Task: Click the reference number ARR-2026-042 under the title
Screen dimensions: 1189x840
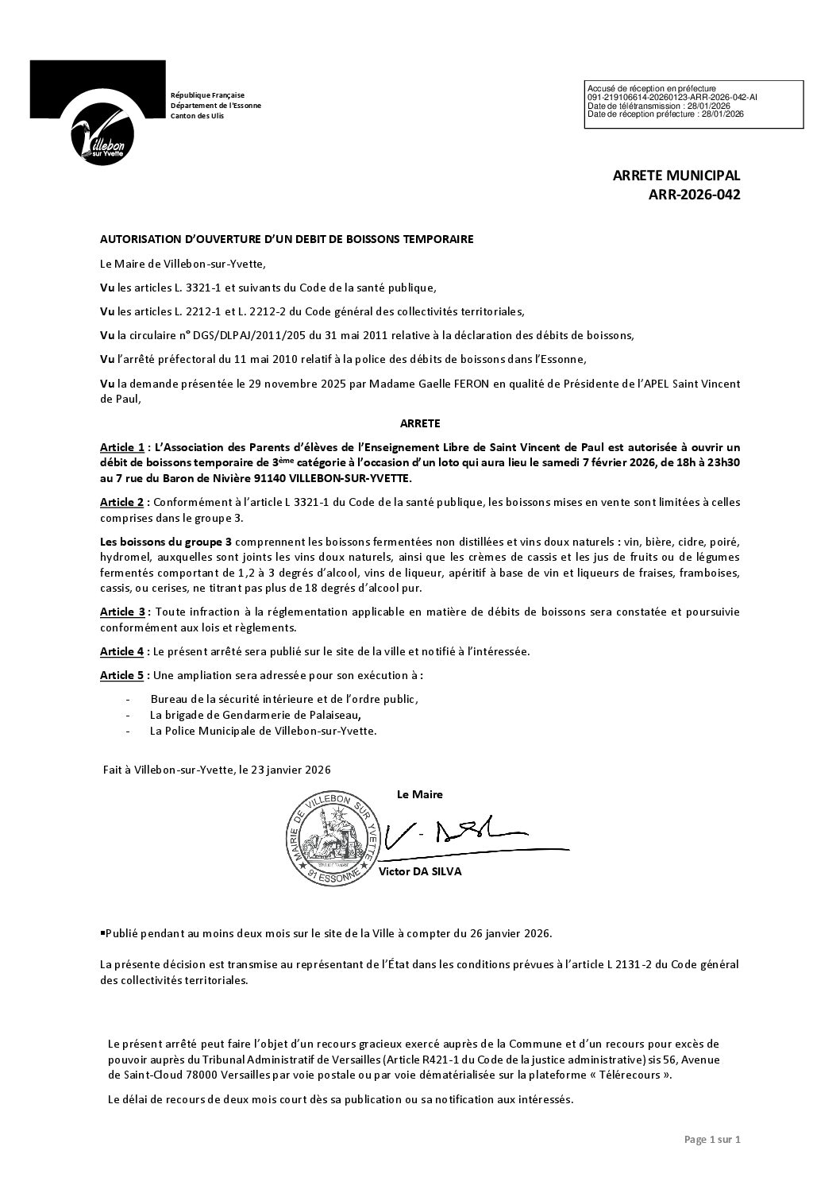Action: pyautogui.click(x=693, y=194)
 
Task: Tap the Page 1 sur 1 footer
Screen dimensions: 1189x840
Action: pyautogui.click(x=711, y=1140)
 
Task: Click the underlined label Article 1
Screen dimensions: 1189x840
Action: pyautogui.click(x=122, y=448)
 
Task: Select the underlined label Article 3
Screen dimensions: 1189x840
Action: pyautogui.click(x=122, y=612)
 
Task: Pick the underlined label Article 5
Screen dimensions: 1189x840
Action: pyautogui.click(x=122, y=675)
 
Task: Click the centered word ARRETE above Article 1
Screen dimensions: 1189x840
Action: pyautogui.click(x=420, y=424)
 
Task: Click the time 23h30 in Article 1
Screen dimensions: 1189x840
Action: pyautogui.click(x=720, y=463)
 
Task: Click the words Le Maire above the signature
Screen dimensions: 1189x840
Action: pyautogui.click(x=419, y=794)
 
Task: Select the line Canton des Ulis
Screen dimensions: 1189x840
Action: pyautogui.click(x=198, y=116)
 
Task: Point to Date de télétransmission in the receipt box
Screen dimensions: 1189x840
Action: pyautogui.click(x=635, y=106)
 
